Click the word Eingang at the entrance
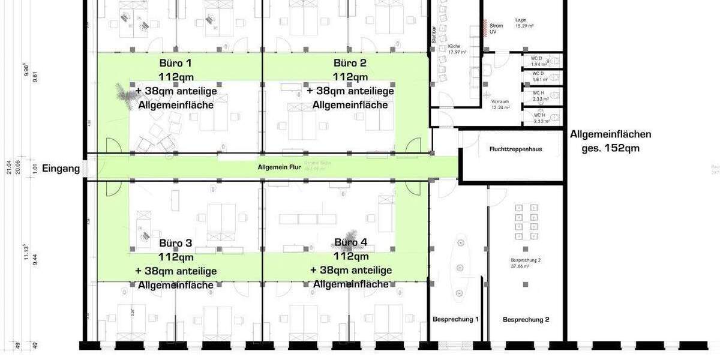(61, 169)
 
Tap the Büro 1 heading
(176, 63)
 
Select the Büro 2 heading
(350, 63)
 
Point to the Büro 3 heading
(176, 243)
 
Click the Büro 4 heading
(351, 242)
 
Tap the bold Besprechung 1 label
(456, 319)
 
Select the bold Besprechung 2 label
(526, 320)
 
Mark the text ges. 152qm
(610, 148)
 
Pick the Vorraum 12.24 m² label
(500, 104)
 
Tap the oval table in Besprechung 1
(460, 267)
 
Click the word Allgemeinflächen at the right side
(610, 134)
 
